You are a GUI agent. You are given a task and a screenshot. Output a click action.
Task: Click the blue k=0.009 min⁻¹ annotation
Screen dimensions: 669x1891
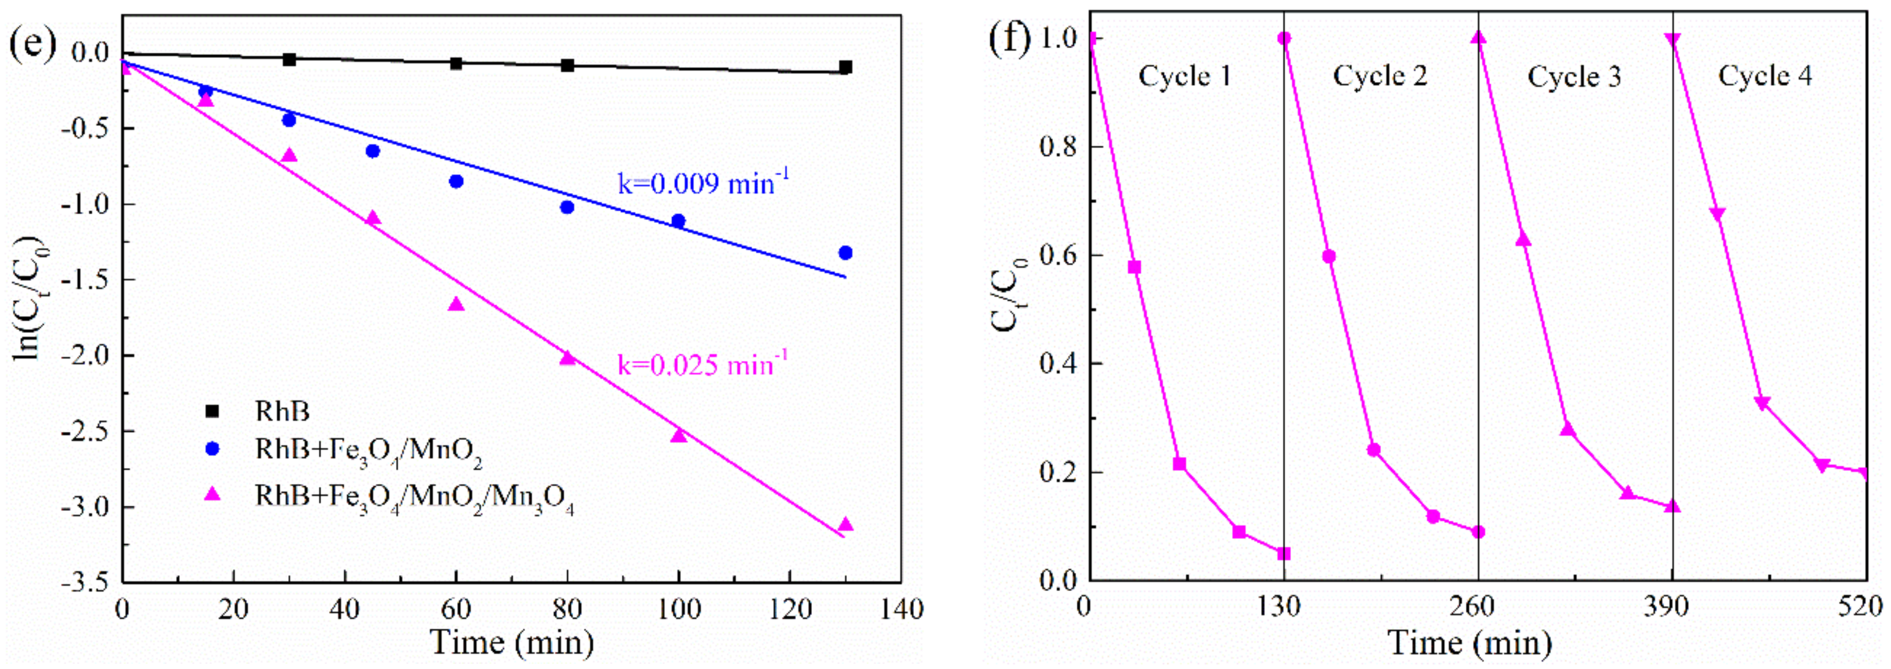tap(703, 182)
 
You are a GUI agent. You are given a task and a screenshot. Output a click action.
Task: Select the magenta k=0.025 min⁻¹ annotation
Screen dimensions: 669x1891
tap(703, 363)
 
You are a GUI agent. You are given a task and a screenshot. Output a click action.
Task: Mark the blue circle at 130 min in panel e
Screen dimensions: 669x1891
tap(845, 253)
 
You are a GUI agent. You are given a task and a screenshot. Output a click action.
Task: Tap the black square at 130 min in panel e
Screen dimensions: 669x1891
tap(845, 68)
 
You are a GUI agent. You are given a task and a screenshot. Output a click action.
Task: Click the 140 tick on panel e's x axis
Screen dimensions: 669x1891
tap(900, 608)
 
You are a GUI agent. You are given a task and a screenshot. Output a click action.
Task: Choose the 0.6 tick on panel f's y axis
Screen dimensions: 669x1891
tap(1058, 256)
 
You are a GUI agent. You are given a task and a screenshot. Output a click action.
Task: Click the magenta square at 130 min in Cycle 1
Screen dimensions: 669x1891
tap(1283, 553)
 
